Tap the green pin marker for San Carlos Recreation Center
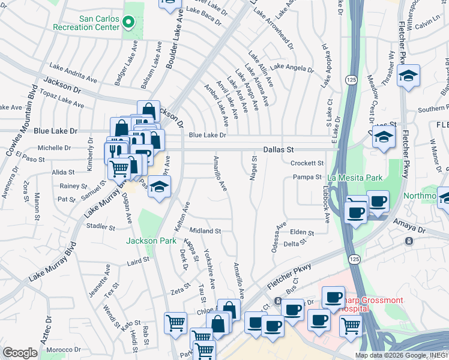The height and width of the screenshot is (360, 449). [x=128, y=23]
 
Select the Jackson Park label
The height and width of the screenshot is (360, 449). [x=151, y=241]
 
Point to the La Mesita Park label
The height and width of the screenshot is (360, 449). [x=355, y=178]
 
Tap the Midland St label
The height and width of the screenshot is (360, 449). [x=205, y=230]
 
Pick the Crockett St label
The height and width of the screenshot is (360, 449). [x=307, y=163]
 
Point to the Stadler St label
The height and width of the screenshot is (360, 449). [x=100, y=227]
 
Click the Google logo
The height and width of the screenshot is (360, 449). [x=20, y=353]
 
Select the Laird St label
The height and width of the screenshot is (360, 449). [x=137, y=261]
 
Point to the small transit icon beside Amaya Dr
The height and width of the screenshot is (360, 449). [x=409, y=241]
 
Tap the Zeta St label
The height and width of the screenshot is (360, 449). [x=180, y=292]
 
